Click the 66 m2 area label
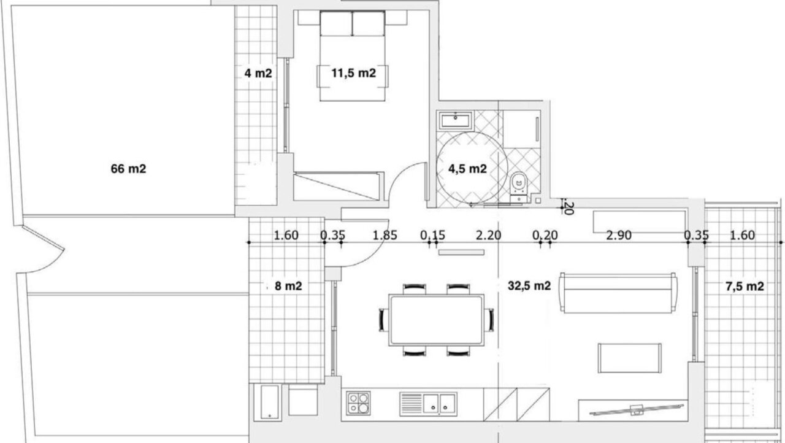128,169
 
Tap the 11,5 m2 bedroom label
354,73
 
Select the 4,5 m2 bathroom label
467,169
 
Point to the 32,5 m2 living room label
529,286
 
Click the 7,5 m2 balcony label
745,287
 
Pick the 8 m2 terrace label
288,286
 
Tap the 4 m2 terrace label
258,74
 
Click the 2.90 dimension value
619,235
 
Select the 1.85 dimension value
385,235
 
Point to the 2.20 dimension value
489,235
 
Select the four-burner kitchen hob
358,403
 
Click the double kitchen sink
428,404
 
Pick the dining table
436,320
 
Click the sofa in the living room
618,293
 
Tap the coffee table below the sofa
630,358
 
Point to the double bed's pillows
352,23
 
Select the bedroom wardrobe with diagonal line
337,187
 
